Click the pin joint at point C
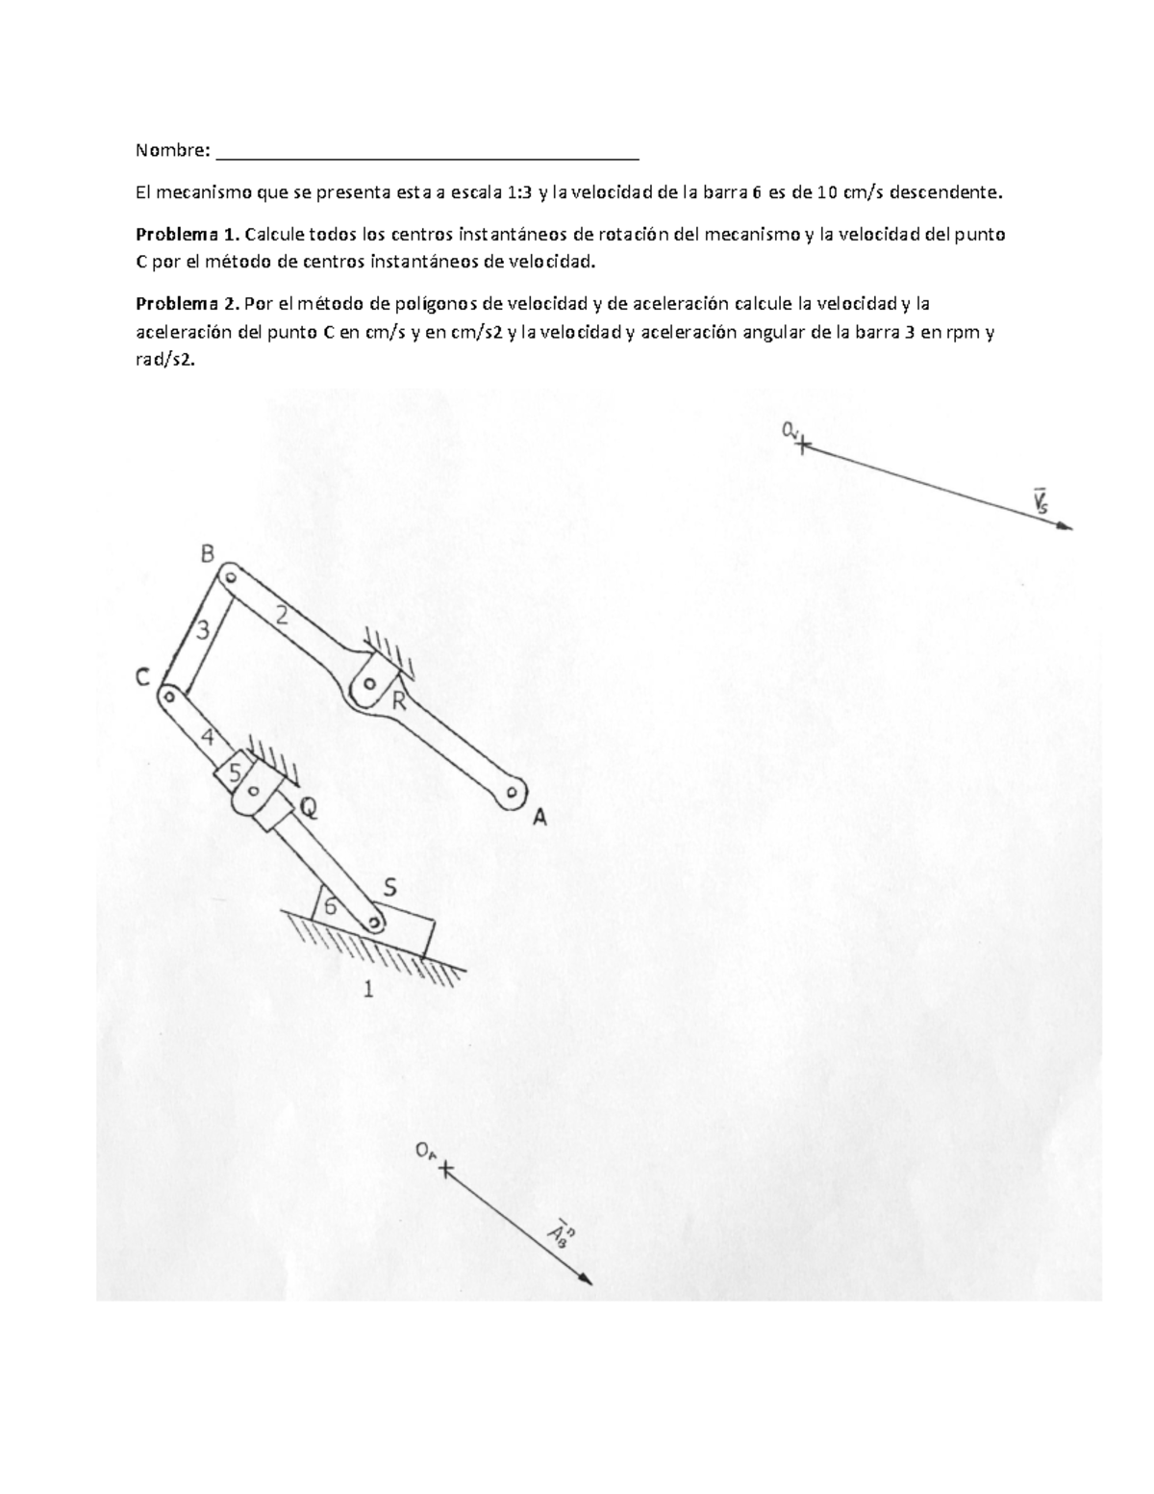coord(168,694)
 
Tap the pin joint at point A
coord(512,794)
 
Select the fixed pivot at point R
coord(367,685)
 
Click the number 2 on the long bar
coord(282,620)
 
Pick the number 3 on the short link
coord(203,631)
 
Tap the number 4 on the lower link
coord(208,739)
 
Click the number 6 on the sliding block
coord(331,906)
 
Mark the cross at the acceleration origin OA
coord(445,1169)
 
